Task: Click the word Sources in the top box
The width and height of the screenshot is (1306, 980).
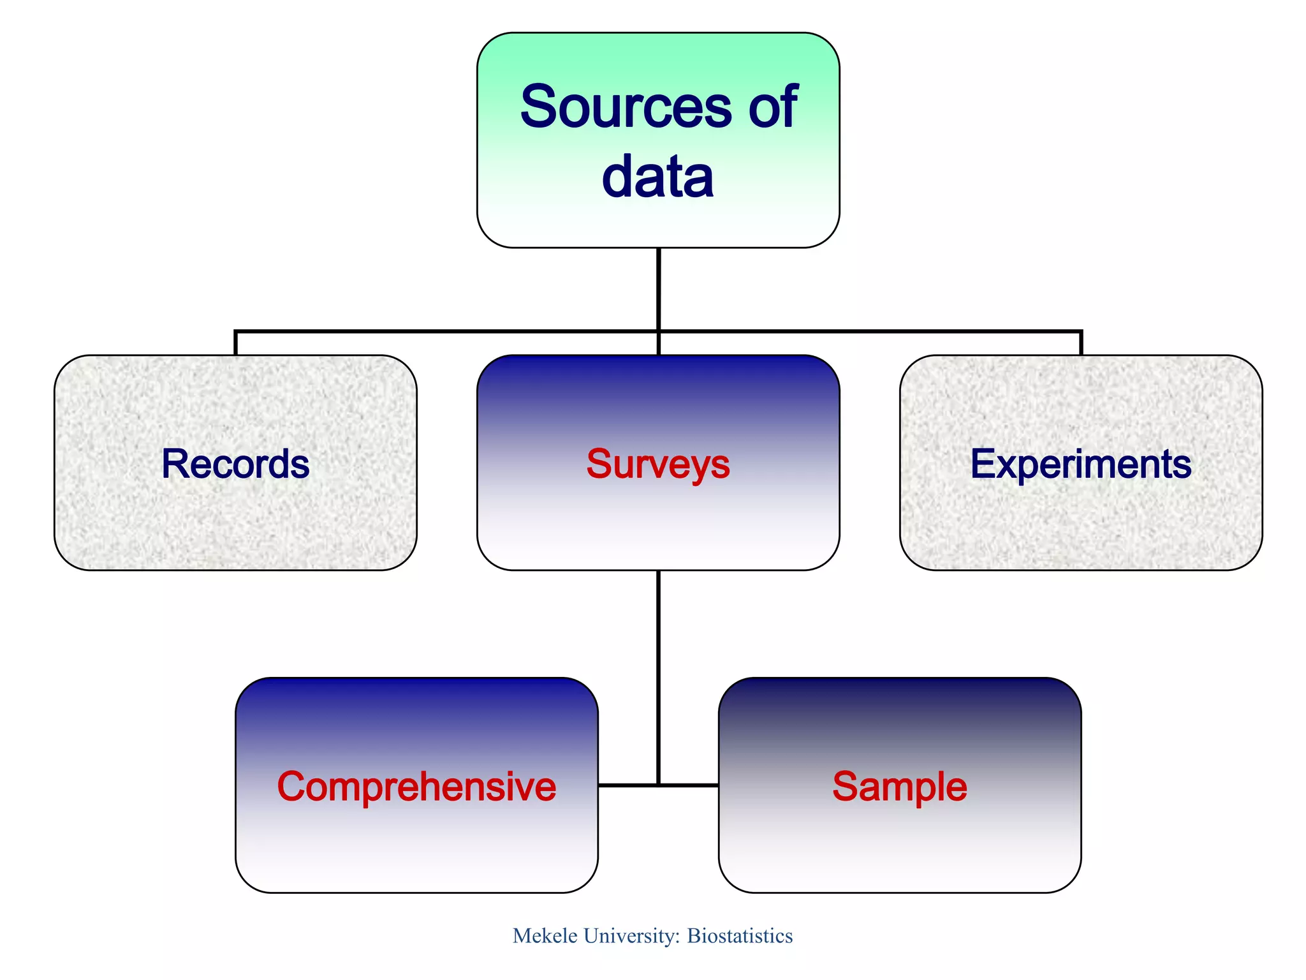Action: (625, 107)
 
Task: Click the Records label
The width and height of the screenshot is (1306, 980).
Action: (235, 464)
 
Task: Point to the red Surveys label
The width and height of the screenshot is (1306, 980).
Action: (658, 464)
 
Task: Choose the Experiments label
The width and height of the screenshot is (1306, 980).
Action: (1081, 464)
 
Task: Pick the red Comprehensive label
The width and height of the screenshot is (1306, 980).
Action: (416, 787)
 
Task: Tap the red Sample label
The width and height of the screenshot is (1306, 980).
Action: (900, 787)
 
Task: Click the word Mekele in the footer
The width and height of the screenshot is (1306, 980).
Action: (545, 936)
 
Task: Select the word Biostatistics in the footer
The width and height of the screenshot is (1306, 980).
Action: (740, 936)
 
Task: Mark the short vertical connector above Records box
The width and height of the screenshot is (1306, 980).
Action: (236, 343)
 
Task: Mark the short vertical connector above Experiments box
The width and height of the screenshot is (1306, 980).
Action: (1081, 343)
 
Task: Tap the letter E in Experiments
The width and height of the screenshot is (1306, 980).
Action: (982, 464)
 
